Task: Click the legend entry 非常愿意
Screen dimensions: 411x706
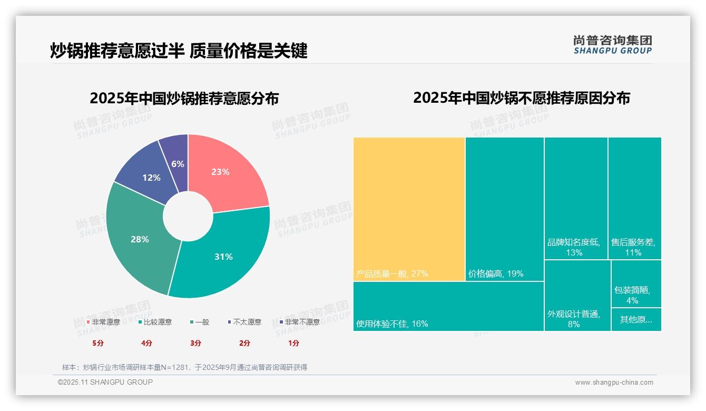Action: tap(103, 322)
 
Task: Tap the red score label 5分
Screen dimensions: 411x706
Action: tap(98, 343)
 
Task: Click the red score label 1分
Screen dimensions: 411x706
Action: tap(293, 343)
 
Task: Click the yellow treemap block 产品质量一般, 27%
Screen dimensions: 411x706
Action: tap(409, 209)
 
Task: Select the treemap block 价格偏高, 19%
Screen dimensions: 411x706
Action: tap(504, 209)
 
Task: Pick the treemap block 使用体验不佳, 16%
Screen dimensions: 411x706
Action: tap(448, 306)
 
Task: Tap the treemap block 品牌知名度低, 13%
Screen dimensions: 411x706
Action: tap(576, 198)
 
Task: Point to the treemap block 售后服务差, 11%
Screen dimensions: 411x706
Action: tap(634, 198)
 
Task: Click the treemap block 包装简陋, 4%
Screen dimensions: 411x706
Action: tap(636, 284)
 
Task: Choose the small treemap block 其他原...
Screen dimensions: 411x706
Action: tap(636, 319)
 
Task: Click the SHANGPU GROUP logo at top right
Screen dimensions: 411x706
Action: tap(613, 45)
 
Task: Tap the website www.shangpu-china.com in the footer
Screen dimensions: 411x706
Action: tap(614, 383)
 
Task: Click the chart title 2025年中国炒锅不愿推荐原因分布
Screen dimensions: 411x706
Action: tap(521, 98)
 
